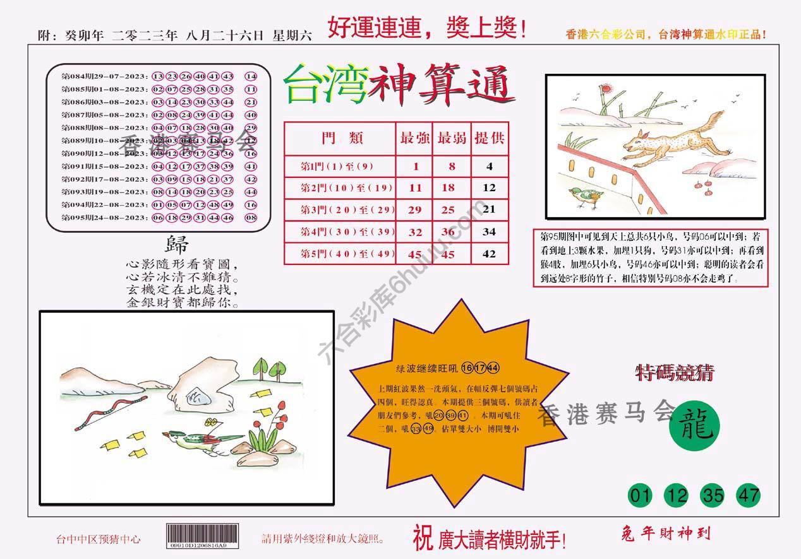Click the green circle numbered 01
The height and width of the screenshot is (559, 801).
click(641, 495)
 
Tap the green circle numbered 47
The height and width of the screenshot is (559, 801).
click(749, 495)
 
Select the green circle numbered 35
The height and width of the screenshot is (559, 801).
click(713, 495)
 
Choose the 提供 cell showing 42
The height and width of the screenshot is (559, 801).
click(489, 254)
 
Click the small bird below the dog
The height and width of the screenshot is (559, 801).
click(586, 197)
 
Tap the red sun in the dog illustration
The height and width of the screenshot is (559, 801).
click(608, 90)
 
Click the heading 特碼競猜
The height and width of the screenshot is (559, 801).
click(674, 373)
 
